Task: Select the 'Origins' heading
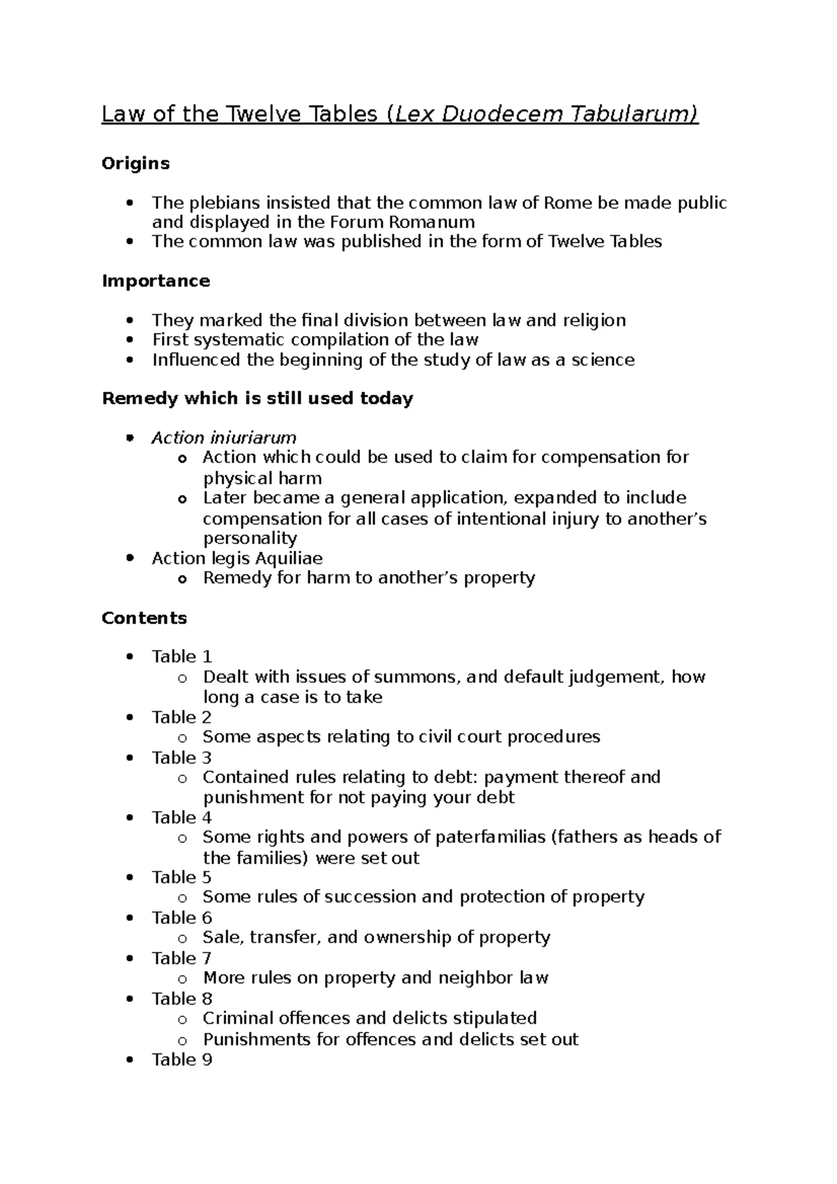(135, 163)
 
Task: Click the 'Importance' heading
(156, 281)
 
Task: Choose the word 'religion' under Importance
(593, 320)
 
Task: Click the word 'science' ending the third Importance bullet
(603, 360)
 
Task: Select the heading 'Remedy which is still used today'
(257, 399)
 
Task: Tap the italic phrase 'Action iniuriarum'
(224, 438)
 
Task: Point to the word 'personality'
(250, 538)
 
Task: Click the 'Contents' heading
(144, 618)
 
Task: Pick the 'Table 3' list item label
(182, 757)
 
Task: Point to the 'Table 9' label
(182, 1060)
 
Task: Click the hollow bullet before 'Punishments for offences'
(182, 1040)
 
